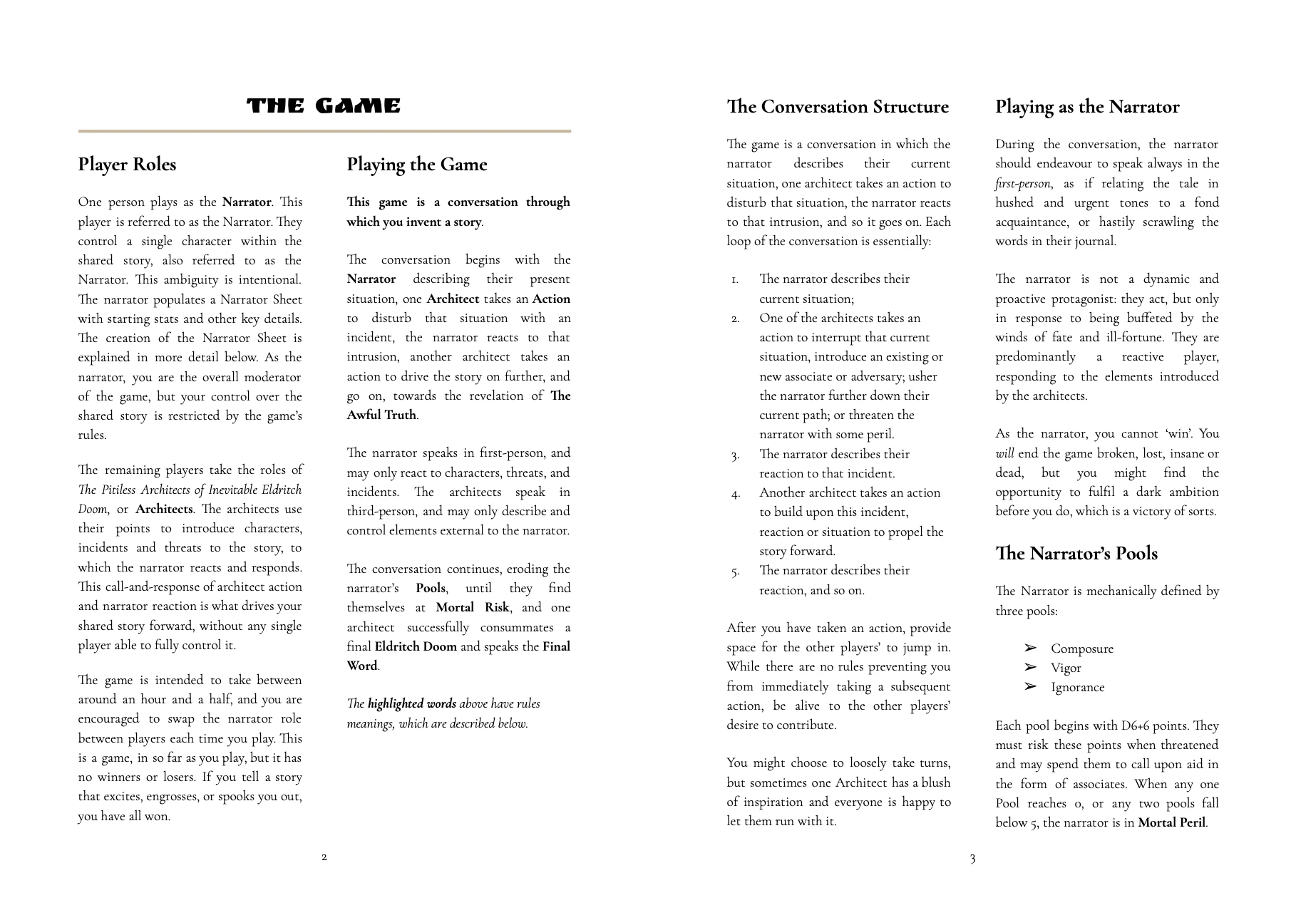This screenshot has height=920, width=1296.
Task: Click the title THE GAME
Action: [x=324, y=107]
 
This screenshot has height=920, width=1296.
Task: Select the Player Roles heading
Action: [x=127, y=165]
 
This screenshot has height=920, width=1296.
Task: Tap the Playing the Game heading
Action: [x=417, y=165]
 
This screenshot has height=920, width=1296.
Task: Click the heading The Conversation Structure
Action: [x=838, y=107]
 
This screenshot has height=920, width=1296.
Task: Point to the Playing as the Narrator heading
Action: [x=1087, y=107]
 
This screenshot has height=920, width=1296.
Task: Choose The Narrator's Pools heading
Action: [x=1076, y=554]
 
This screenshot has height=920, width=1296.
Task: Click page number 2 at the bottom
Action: [x=324, y=857]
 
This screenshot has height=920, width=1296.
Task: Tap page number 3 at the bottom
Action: [x=972, y=859]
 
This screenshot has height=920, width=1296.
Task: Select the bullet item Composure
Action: [x=1081, y=648]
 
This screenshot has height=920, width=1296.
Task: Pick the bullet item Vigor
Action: [x=1066, y=668]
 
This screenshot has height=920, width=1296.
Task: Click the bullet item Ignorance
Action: [x=1077, y=687]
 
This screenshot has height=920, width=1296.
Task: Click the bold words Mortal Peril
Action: [x=1172, y=823]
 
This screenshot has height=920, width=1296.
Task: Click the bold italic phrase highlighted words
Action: [x=412, y=704]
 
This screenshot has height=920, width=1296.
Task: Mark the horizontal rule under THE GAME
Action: [x=324, y=131]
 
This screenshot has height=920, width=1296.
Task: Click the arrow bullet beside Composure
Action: [x=1030, y=648]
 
